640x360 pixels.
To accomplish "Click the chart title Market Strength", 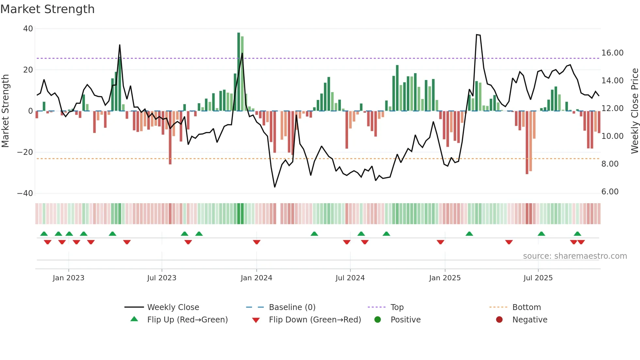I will click(47, 9).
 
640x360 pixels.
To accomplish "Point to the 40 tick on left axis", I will click(28, 29).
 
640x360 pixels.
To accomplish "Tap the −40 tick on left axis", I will click(25, 193).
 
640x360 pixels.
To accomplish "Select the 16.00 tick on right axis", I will click(612, 53).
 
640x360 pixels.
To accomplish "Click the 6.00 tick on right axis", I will click(610, 192).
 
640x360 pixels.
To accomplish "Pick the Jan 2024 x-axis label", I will click(256, 278).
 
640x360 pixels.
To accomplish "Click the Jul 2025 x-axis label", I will click(538, 278).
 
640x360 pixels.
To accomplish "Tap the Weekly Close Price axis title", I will click(634, 111).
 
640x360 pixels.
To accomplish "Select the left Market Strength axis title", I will click(6, 111).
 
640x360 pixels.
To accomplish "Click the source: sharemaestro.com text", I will click(575, 256).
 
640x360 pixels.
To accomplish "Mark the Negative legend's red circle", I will click(499, 320).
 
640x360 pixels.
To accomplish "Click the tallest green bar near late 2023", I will click(239, 72).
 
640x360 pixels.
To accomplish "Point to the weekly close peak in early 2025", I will click(477, 35).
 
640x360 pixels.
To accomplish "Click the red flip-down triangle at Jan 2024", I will click(257, 242).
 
